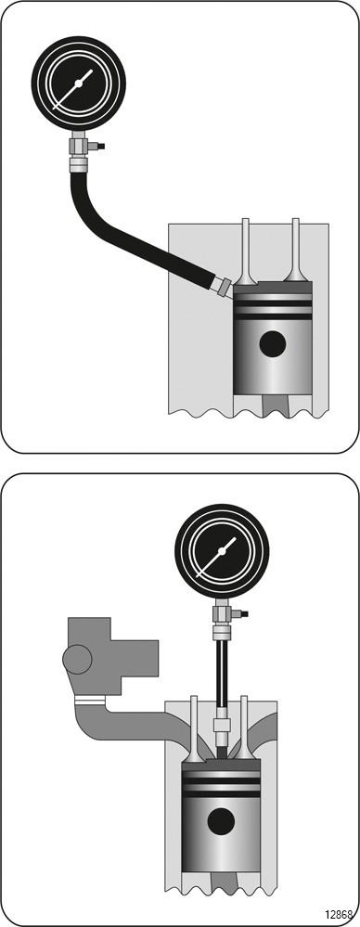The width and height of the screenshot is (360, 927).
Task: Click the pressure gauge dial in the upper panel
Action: pos(79,84)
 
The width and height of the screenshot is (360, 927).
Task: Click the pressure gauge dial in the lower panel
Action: pos(222,551)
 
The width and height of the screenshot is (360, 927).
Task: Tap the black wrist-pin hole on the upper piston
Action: pos(273,343)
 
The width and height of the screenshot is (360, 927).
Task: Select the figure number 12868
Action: pos(340,913)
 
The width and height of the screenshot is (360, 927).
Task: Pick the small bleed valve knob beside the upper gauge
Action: pos(98,146)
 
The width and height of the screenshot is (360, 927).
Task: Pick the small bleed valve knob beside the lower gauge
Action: pos(241,613)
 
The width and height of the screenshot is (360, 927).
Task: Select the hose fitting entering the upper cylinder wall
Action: pos(223,287)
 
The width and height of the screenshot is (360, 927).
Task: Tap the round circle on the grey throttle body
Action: pos(77,659)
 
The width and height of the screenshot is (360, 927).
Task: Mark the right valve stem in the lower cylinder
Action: pos(243,728)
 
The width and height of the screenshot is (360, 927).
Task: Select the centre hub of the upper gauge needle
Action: pos(79,84)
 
